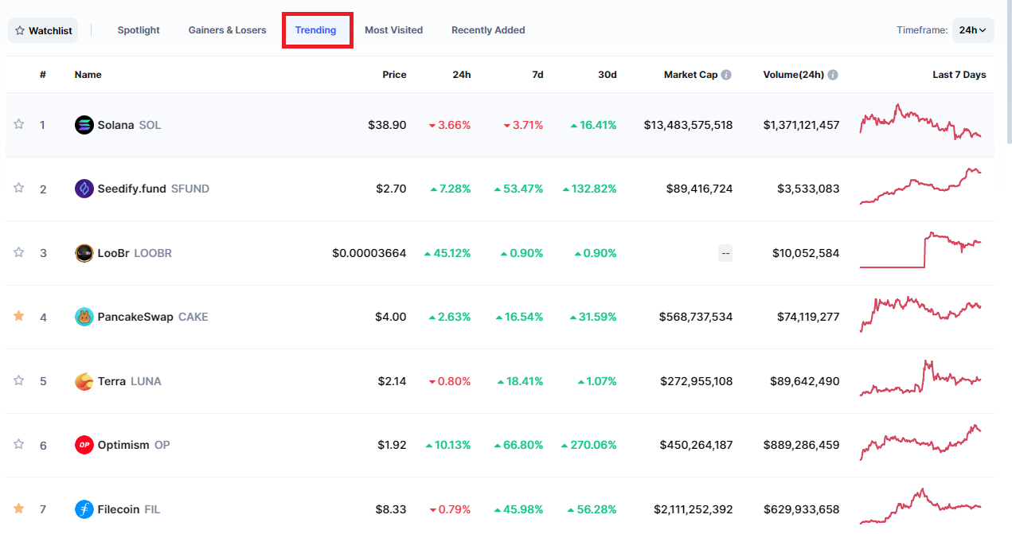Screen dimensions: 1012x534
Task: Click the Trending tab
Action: (x=315, y=30)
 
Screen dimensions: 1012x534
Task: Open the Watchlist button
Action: (x=43, y=30)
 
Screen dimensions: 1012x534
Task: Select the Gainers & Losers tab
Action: (x=227, y=30)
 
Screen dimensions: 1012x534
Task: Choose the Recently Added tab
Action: (x=488, y=30)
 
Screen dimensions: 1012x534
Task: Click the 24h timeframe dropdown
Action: (x=973, y=30)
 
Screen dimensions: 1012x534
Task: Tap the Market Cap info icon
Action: (x=726, y=75)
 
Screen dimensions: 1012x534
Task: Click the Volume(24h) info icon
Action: (x=833, y=75)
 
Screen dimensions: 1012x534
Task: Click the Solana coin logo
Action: (x=84, y=125)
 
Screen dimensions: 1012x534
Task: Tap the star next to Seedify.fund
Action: (x=18, y=188)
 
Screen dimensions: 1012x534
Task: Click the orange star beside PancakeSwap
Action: (x=18, y=316)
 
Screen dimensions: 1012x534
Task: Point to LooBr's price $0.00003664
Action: (x=369, y=253)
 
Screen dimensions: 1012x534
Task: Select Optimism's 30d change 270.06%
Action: (x=588, y=445)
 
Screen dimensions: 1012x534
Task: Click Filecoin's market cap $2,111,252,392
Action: (x=693, y=509)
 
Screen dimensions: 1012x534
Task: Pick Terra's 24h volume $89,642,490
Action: (x=805, y=381)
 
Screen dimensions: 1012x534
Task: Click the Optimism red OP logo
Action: (x=84, y=445)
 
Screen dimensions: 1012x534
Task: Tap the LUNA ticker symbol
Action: (x=146, y=381)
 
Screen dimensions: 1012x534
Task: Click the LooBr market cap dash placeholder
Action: (x=725, y=253)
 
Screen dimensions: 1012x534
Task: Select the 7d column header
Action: (x=537, y=75)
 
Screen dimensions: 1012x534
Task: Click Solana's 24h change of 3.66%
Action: (x=450, y=125)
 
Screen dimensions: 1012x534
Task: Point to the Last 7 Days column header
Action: (x=959, y=75)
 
